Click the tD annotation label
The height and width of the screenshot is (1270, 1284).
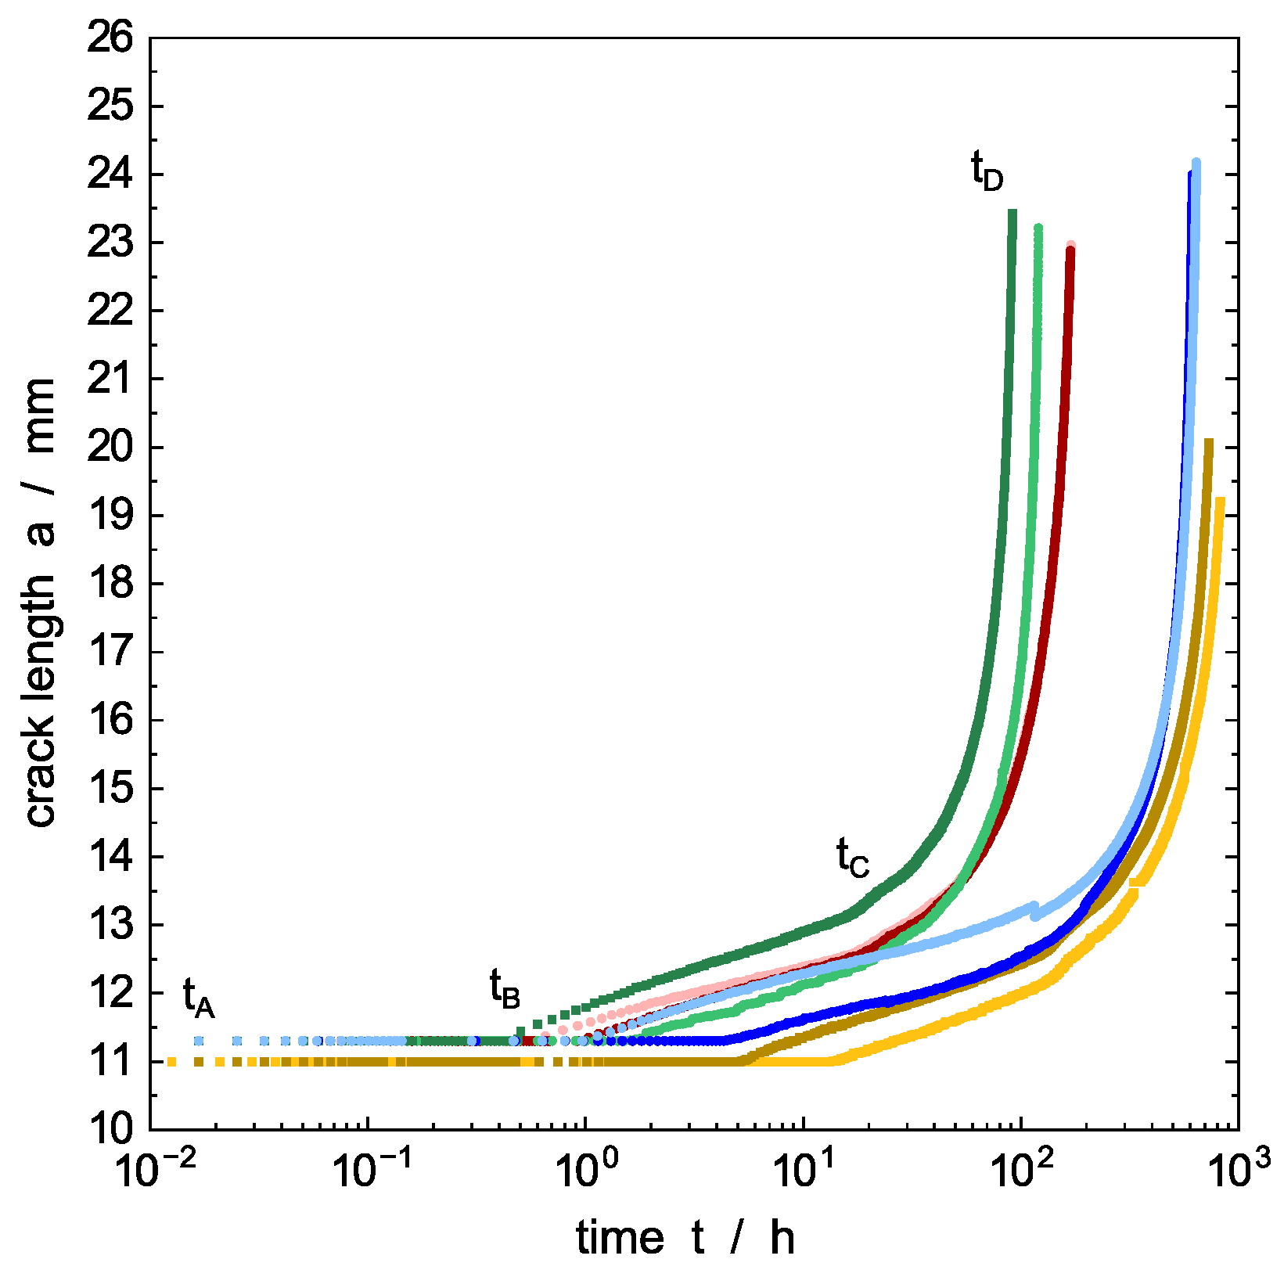click(987, 171)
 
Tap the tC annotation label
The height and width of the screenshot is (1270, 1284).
click(852, 856)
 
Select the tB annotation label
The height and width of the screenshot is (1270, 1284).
click(505, 988)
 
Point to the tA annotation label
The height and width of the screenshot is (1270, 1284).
click(199, 998)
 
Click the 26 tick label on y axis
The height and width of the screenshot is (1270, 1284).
click(110, 38)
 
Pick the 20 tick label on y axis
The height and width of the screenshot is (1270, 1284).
click(110, 448)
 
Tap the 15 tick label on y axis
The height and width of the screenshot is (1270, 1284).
click(110, 789)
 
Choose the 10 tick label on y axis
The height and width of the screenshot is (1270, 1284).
click(110, 1129)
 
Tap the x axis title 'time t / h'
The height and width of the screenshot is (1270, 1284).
click(685, 1238)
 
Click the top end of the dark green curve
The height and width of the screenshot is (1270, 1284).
click(1012, 212)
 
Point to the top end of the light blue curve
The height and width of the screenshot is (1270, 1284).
click(1196, 163)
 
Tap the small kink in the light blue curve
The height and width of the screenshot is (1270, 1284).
click(1034, 910)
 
